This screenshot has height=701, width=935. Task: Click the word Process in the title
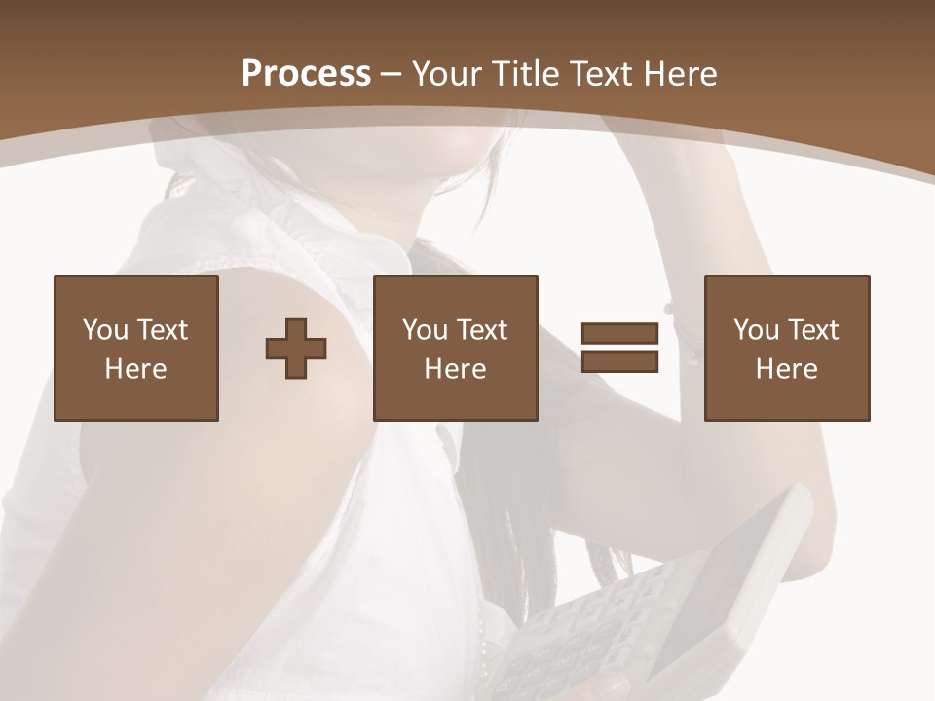click(x=306, y=73)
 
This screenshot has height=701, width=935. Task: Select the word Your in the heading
click(x=448, y=74)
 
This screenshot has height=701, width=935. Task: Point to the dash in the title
click(x=392, y=74)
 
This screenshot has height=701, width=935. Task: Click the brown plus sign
click(x=296, y=349)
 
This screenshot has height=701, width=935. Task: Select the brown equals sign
click(x=619, y=348)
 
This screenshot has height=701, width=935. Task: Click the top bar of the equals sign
click(x=619, y=334)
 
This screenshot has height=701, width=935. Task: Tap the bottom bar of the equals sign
click(x=619, y=362)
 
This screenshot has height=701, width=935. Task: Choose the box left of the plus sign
click(x=135, y=348)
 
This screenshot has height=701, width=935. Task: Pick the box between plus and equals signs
click(x=455, y=348)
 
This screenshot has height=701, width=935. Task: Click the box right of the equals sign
click(x=786, y=348)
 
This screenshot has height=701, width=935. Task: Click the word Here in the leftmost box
click(x=135, y=369)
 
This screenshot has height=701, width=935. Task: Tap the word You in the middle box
click(x=425, y=330)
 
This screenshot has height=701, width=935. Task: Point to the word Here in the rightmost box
click(x=786, y=369)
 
